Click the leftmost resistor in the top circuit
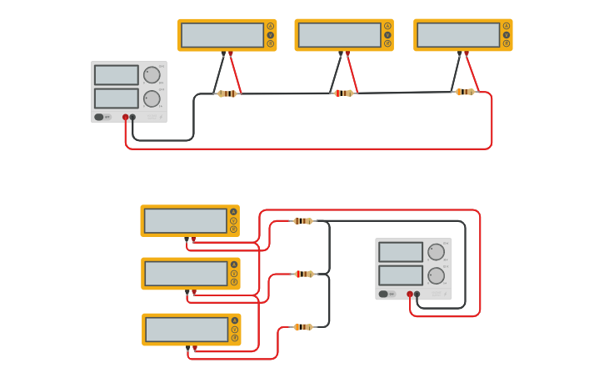[x=227, y=93]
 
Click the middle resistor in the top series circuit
[x=343, y=93]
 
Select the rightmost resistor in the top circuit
[x=465, y=92]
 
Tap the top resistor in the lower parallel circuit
[x=303, y=221]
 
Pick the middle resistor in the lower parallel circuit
[x=304, y=274]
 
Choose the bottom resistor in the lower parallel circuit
[x=303, y=327]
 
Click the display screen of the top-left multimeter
[x=222, y=35]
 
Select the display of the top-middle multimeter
[x=339, y=35]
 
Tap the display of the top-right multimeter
[x=458, y=35]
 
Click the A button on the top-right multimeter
[x=506, y=26]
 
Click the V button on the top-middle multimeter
[x=387, y=35]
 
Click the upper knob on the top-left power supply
[x=152, y=74]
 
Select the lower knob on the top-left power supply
[x=152, y=98]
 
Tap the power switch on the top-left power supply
[x=99, y=117]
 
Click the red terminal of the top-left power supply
[x=126, y=118]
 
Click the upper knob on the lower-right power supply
[x=436, y=251]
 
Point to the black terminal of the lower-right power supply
[x=417, y=294]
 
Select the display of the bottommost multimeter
[x=187, y=330]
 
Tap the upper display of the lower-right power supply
[x=401, y=251]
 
